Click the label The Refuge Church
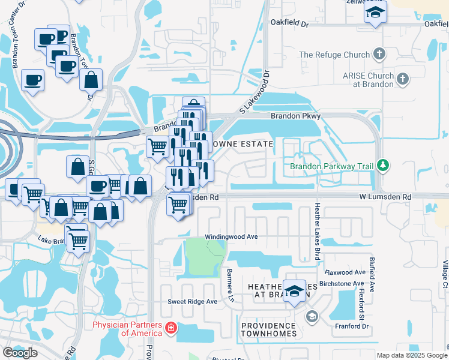[x=334, y=55]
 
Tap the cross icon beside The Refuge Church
[x=379, y=55]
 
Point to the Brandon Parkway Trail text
[x=332, y=166]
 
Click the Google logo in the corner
[x=20, y=353]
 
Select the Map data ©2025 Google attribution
[x=412, y=355]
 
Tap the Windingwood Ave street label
[x=231, y=237]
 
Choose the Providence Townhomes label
[x=269, y=329]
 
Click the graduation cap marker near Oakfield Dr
[x=375, y=13]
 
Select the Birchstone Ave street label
[x=342, y=284]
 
